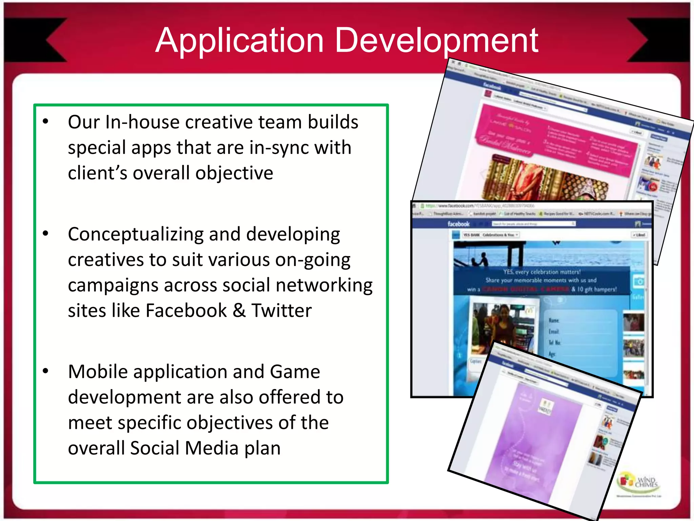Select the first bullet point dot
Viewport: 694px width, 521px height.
pos(46,121)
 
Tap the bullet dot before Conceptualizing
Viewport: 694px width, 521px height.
pos(46,233)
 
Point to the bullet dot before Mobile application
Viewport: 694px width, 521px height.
pos(46,371)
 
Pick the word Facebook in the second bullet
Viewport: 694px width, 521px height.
pos(186,310)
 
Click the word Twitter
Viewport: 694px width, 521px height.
pos(281,310)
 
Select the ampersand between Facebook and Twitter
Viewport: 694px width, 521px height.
pos(239,310)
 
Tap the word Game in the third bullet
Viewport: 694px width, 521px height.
pos(295,371)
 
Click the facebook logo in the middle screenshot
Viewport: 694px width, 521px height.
pos(458,224)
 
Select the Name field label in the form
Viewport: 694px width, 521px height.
pos(554,320)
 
